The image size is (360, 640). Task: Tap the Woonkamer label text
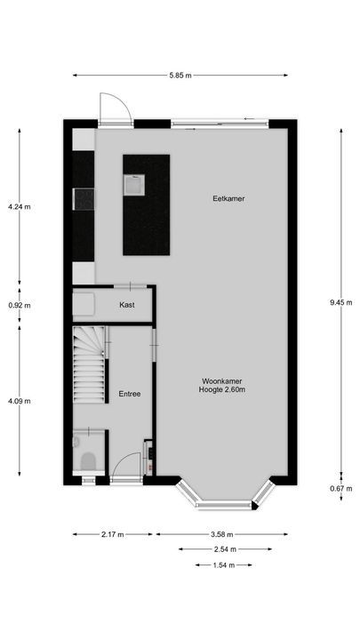click(222, 380)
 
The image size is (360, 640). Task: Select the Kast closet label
click(127, 305)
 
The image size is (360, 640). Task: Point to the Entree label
click(130, 393)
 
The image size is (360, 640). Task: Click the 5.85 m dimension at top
click(184, 75)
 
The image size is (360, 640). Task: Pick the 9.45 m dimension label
click(341, 302)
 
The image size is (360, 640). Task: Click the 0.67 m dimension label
click(341, 488)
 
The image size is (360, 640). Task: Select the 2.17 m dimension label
click(113, 534)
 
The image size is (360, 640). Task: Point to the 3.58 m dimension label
click(222, 534)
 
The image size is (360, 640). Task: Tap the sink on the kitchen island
click(133, 185)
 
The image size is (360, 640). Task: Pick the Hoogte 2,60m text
click(222, 390)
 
